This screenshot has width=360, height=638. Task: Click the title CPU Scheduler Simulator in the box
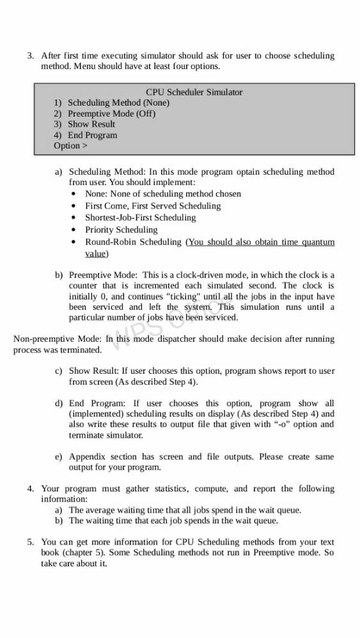point(194,92)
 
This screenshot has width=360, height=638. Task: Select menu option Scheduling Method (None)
point(118,102)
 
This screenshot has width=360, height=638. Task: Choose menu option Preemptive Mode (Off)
point(111,113)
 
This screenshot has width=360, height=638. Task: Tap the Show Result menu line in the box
point(91,124)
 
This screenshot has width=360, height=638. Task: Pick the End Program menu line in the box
point(92,135)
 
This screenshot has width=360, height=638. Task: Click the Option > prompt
point(70,146)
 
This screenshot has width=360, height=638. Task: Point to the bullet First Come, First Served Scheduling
point(153,206)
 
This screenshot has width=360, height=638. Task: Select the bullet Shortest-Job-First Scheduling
point(141,218)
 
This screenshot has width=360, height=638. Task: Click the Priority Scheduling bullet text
point(121,230)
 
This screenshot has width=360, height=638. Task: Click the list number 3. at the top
point(30,56)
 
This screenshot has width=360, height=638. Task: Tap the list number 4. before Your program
point(30,489)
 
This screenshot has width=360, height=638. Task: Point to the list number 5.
point(30,542)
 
